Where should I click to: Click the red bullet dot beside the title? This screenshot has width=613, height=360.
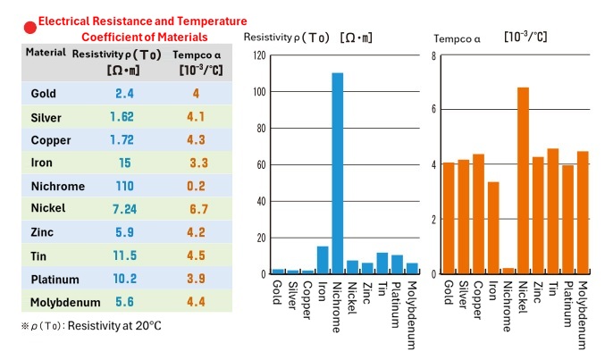[30, 28]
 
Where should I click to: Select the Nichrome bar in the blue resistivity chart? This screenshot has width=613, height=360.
[338, 173]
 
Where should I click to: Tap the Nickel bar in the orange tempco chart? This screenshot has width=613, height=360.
[523, 180]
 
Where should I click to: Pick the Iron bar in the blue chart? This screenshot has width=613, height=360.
[323, 260]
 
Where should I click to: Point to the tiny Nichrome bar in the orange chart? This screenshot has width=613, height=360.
[508, 271]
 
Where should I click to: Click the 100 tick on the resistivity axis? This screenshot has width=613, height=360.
[259, 92]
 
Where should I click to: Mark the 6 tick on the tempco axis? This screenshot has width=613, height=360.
[433, 109]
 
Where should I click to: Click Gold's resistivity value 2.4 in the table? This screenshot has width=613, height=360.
[124, 94]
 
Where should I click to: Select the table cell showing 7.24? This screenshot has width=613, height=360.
[124, 209]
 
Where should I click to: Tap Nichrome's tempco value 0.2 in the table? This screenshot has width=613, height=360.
[196, 186]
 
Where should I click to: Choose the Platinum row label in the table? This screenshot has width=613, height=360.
[55, 280]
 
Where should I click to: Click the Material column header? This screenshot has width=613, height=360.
[46, 52]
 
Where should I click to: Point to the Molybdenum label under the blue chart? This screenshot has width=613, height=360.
[412, 315]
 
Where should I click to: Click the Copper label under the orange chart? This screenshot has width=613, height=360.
[478, 300]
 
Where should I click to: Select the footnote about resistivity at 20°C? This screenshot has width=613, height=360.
[91, 325]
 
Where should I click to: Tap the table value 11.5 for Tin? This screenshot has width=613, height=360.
[125, 255]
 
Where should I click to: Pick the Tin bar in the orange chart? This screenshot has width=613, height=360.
[553, 211]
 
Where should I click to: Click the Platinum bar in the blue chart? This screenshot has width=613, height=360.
[397, 264]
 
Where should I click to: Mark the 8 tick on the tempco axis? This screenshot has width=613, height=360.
[433, 56]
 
